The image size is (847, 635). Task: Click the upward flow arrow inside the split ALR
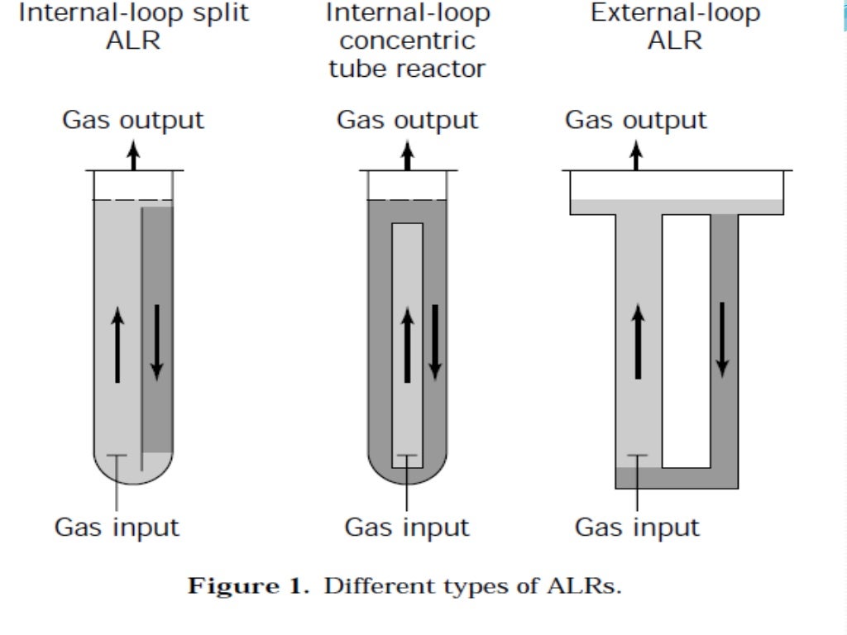click(117, 344)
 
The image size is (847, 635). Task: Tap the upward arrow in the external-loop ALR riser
click(638, 341)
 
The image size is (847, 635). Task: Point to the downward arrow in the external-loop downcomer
click(722, 339)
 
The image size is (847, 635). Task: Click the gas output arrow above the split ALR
click(133, 155)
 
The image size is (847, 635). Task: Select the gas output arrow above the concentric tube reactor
click(407, 155)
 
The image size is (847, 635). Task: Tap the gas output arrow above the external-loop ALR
click(636, 155)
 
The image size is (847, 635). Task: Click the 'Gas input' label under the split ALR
click(117, 527)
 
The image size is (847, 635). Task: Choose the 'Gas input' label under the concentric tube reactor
click(407, 527)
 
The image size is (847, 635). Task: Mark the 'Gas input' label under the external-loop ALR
click(637, 527)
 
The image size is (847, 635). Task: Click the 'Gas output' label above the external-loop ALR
click(635, 120)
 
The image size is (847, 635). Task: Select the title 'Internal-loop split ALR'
click(132, 26)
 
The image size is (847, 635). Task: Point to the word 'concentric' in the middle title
click(407, 41)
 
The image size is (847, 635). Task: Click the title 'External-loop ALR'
click(675, 26)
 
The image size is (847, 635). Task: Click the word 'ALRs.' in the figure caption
click(584, 587)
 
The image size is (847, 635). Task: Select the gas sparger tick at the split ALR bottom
click(117, 456)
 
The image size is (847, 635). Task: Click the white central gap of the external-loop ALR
click(686, 339)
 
